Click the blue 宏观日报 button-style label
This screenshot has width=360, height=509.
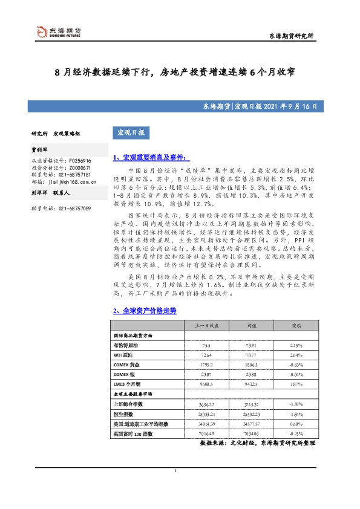coord(131,132)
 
